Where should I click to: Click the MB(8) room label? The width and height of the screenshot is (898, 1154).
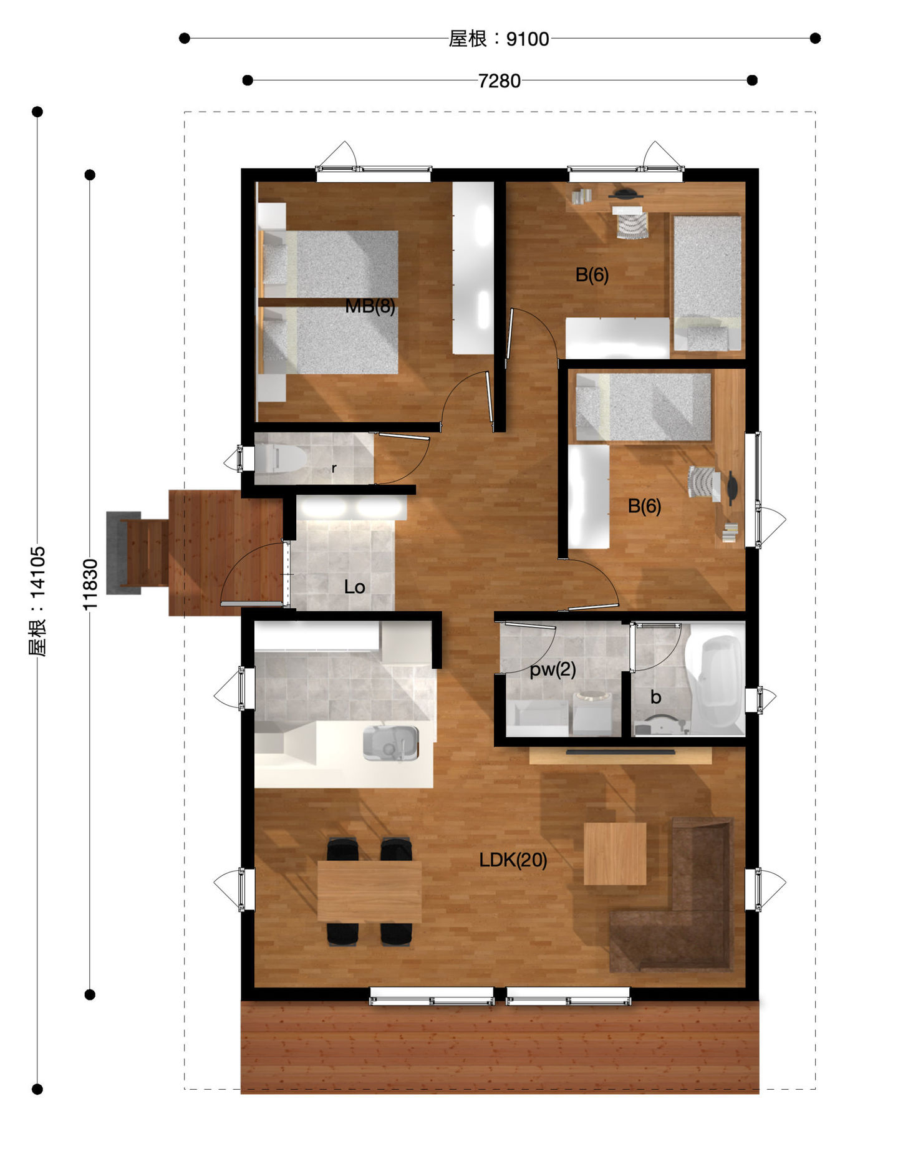(370, 306)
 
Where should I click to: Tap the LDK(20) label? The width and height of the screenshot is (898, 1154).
(513, 860)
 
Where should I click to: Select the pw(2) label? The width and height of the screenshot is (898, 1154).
(553, 669)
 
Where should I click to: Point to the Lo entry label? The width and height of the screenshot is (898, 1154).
(354, 587)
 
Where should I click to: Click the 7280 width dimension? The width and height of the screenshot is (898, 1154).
(499, 81)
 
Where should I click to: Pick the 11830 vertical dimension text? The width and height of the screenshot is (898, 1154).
(90, 584)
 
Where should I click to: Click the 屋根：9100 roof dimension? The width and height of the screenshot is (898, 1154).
(499, 39)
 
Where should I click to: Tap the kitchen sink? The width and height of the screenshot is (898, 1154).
(390, 742)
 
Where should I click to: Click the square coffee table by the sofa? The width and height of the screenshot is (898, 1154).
(614, 853)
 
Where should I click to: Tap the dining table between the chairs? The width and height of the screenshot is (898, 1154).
(369, 891)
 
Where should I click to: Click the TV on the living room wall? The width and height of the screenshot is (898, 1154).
(620, 753)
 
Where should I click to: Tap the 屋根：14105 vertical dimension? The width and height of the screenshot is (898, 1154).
(37, 601)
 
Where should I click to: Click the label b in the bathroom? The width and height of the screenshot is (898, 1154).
(655, 697)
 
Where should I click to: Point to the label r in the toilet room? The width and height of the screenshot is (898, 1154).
(334, 468)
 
